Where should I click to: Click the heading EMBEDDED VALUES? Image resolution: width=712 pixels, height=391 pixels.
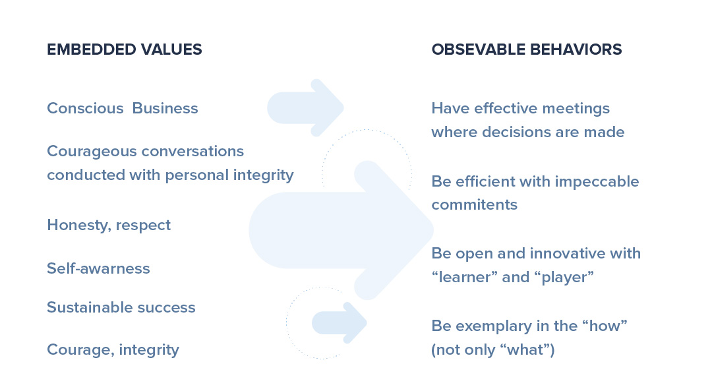click(x=125, y=49)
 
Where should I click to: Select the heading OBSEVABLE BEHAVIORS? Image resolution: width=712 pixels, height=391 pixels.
click(x=527, y=49)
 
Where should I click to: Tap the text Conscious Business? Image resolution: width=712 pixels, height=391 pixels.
click(x=123, y=108)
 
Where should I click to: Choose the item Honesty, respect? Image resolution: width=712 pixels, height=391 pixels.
click(x=109, y=226)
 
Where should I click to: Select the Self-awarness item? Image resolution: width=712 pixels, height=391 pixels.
click(x=98, y=268)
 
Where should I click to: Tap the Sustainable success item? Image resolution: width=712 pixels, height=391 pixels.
click(x=121, y=307)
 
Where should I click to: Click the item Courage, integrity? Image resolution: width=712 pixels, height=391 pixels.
click(x=113, y=349)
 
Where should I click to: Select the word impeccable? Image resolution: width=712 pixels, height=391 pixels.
click(x=597, y=182)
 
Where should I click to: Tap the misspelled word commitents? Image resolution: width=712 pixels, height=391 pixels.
click(x=475, y=205)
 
